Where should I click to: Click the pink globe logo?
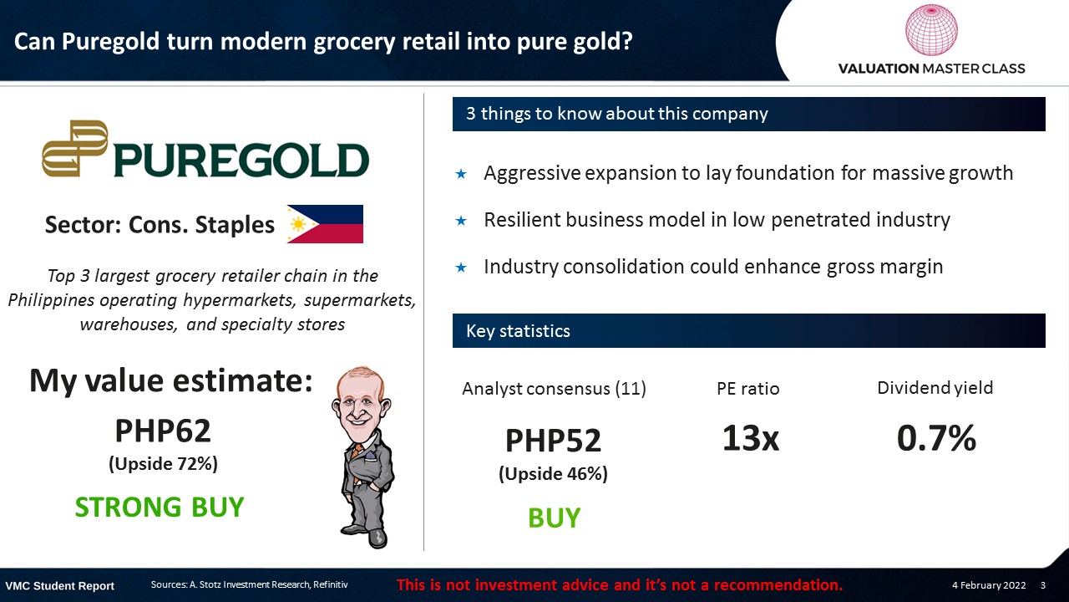tap(931, 30)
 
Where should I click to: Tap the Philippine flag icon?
tap(325, 224)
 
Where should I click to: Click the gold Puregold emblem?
tap(75, 149)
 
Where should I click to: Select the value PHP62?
tap(163, 431)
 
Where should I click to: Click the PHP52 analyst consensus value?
tap(553, 440)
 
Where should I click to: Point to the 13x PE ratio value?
tap(751, 438)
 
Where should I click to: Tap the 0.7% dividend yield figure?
tap(936, 438)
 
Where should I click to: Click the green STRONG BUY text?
tap(160, 507)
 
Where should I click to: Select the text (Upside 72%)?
tap(163, 464)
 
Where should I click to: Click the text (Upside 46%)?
tap(553, 474)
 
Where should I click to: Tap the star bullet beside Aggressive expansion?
tap(461, 174)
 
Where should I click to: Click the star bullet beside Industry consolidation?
tap(461, 268)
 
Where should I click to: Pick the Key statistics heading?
tap(518, 331)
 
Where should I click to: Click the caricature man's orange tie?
tap(357, 457)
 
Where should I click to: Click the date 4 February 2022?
tap(989, 585)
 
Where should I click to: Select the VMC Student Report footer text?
tap(59, 586)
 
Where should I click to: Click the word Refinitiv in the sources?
tap(330, 584)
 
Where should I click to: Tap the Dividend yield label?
tap(935, 388)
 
